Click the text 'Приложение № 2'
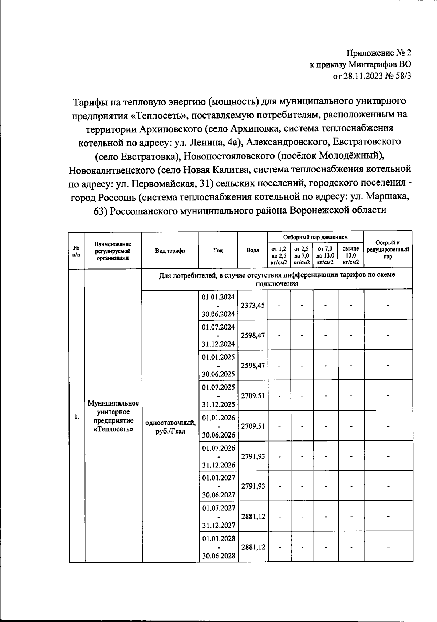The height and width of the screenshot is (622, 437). point(379,53)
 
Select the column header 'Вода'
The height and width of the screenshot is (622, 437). point(253,250)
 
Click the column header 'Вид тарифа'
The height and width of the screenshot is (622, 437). point(170,251)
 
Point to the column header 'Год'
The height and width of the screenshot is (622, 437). point(218,251)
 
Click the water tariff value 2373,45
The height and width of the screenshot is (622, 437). point(253,306)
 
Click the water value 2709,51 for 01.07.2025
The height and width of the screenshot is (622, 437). point(253,396)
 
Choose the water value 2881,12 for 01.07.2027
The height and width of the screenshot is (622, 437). point(253,517)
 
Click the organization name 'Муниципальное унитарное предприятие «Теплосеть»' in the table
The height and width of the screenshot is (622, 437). point(113,416)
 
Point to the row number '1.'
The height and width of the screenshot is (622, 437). point(77,417)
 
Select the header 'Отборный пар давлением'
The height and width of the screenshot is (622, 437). point(316,237)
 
